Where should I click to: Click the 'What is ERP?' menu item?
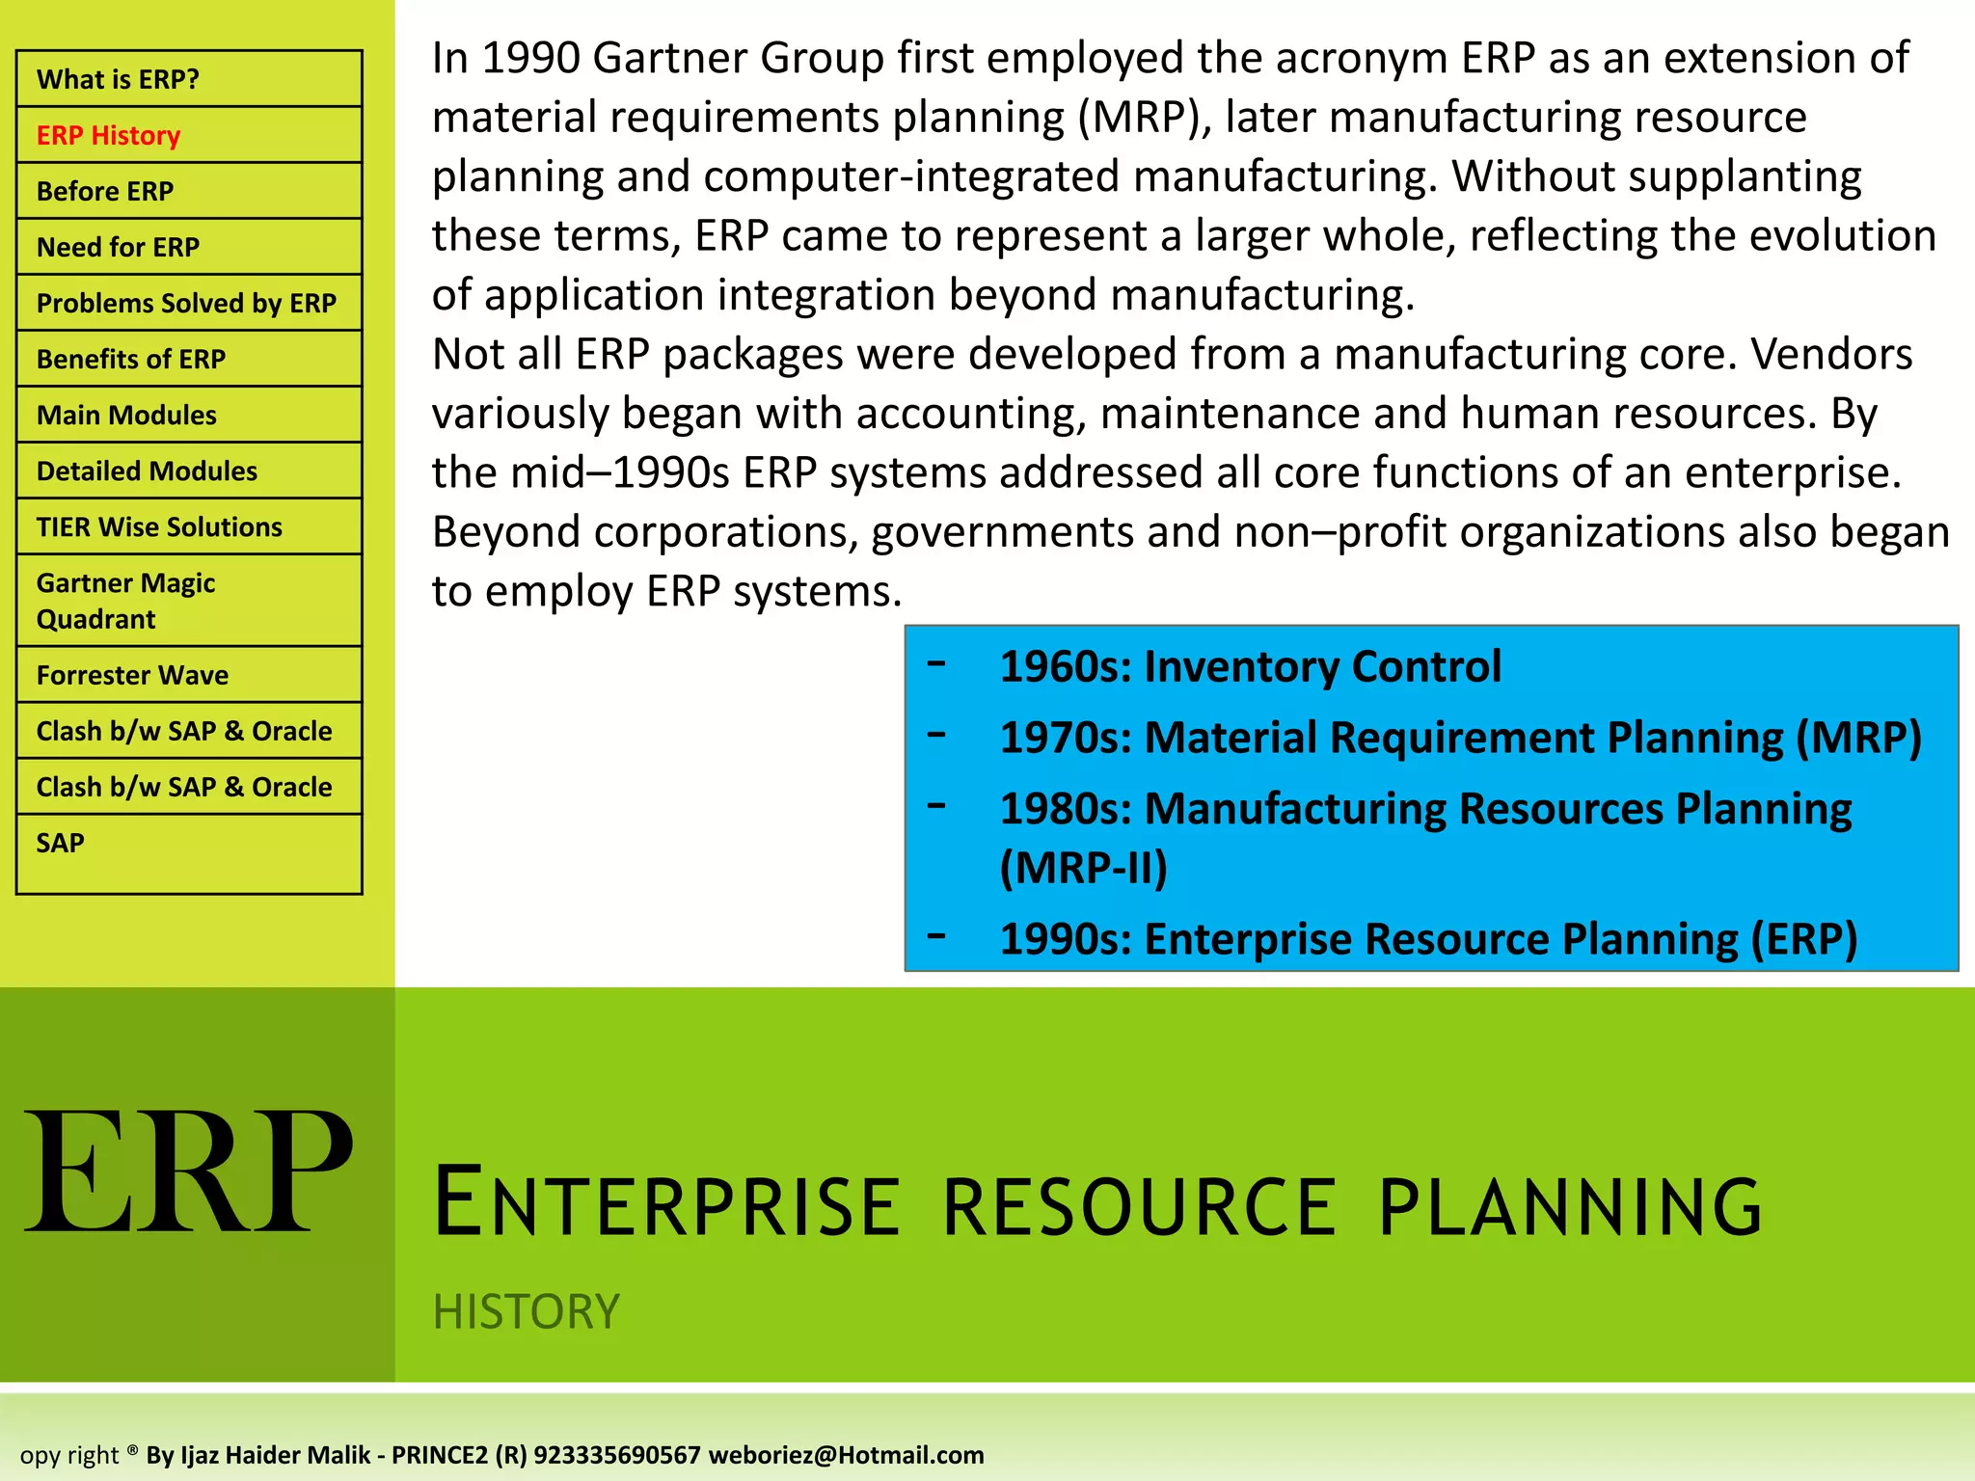pyautogui.click(x=118, y=79)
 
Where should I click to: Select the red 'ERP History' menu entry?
pyautogui.click(x=108, y=135)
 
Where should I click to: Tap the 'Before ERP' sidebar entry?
pyautogui.click(x=104, y=191)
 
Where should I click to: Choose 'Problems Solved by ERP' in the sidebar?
pyautogui.click(x=186, y=303)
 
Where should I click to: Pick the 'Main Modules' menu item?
pyautogui.click(x=126, y=415)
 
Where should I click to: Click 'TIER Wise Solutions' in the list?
pyautogui.click(x=159, y=526)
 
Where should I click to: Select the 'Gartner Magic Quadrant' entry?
pyautogui.click(x=125, y=600)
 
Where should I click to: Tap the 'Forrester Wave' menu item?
pyautogui.click(x=132, y=675)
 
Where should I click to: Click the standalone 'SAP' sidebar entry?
pyautogui.click(x=60, y=843)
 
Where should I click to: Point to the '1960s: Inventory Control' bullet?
pyautogui.click(x=1250, y=666)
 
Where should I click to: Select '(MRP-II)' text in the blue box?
pyautogui.click(x=1083, y=867)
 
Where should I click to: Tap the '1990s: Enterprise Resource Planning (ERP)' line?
pyautogui.click(x=1427, y=938)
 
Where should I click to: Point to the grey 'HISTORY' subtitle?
pyautogui.click(x=526, y=1311)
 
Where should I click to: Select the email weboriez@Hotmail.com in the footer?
pyautogui.click(x=846, y=1455)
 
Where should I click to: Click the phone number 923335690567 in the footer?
pyautogui.click(x=616, y=1455)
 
